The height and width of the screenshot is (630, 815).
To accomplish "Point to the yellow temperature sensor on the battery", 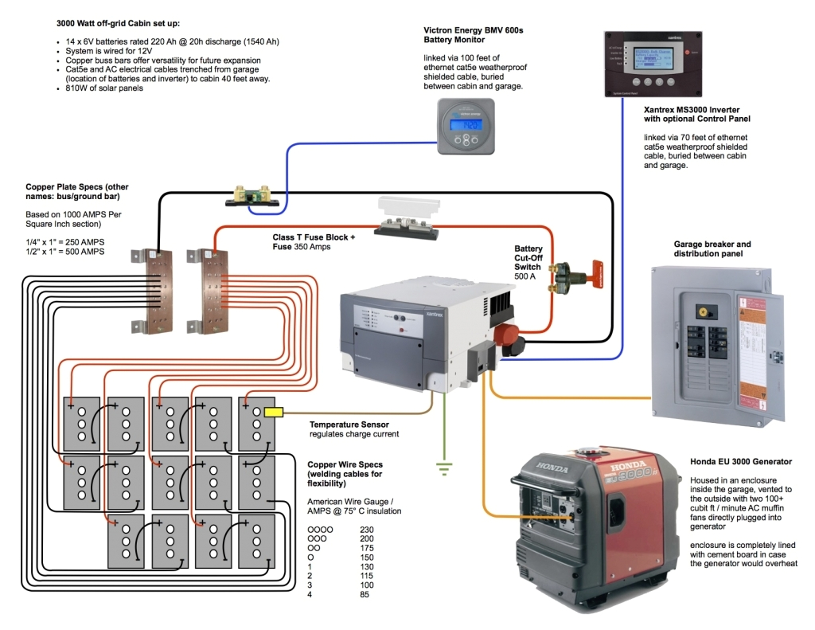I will pyautogui.click(x=274, y=413).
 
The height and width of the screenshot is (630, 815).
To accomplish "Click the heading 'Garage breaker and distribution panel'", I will pyautogui.click(x=712, y=249).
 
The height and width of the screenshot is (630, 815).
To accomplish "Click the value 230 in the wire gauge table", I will pyautogui.click(x=367, y=529).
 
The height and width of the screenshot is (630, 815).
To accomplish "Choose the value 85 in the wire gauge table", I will pyautogui.click(x=365, y=594).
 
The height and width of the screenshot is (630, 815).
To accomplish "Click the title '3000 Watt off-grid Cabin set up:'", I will pyautogui.click(x=117, y=24).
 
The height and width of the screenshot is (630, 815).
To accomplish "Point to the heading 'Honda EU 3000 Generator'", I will pyautogui.click(x=741, y=461).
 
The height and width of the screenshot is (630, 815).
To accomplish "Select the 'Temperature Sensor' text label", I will pyautogui.click(x=349, y=425).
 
